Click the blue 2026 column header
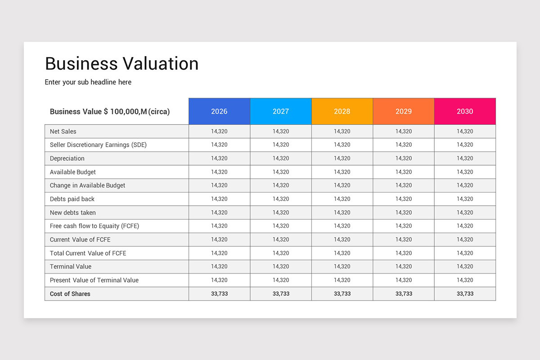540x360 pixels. click(219, 111)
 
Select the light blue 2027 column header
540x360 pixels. click(281, 111)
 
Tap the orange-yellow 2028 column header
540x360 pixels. click(342, 111)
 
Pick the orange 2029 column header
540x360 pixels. click(404, 111)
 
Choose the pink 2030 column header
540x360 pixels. click(465, 111)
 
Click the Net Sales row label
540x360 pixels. click(63, 131)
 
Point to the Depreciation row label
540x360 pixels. click(67, 158)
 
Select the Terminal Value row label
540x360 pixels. click(71, 266)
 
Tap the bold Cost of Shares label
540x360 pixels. click(70, 294)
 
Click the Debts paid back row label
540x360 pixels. click(72, 199)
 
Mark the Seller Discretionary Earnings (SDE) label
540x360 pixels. click(98, 145)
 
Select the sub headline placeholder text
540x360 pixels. click(88, 82)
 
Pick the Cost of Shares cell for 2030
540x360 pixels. click(465, 294)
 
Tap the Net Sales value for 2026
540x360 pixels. click(219, 131)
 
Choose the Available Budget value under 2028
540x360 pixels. click(342, 172)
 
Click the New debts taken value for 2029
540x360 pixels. click(404, 212)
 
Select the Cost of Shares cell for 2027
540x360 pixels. click(281, 294)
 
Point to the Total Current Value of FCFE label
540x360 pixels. click(88, 253)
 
